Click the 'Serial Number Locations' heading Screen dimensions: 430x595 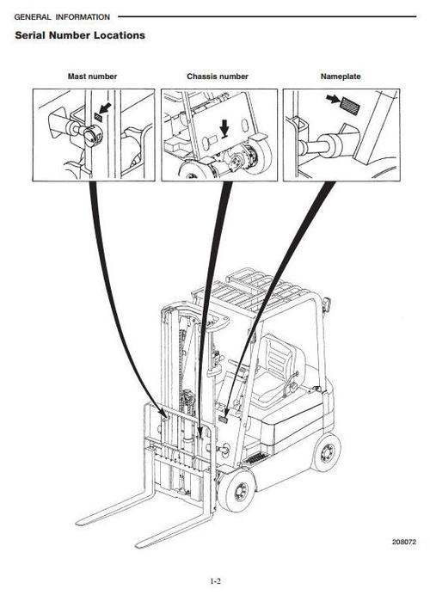[80, 35]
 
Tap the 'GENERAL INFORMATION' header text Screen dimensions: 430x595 [62, 17]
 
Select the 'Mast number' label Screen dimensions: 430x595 [92, 77]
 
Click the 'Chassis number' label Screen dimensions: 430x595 [218, 77]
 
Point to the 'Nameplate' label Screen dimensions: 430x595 [341, 77]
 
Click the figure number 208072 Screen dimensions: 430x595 [404, 542]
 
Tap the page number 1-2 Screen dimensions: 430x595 [216, 581]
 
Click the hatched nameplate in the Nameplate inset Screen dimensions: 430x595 [349, 106]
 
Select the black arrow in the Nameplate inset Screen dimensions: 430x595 [333, 99]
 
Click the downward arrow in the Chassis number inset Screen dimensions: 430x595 [225, 128]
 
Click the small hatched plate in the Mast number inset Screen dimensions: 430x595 [98, 117]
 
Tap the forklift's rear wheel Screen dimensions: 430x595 [326, 452]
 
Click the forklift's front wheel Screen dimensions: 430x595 [236, 490]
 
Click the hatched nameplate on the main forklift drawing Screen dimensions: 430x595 [223, 420]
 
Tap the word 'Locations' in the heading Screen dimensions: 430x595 [120, 35]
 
